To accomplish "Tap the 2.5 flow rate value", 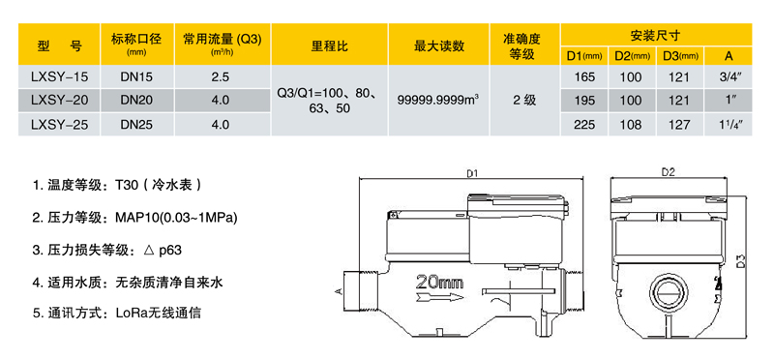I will (x=220, y=75).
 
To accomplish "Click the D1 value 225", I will (x=584, y=123).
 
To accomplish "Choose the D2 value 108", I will (x=631, y=123).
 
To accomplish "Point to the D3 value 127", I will (x=679, y=123).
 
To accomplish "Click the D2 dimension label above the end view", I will (x=667, y=172).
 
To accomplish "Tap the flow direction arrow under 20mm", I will (x=440, y=300).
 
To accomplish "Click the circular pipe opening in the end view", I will (x=667, y=293).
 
